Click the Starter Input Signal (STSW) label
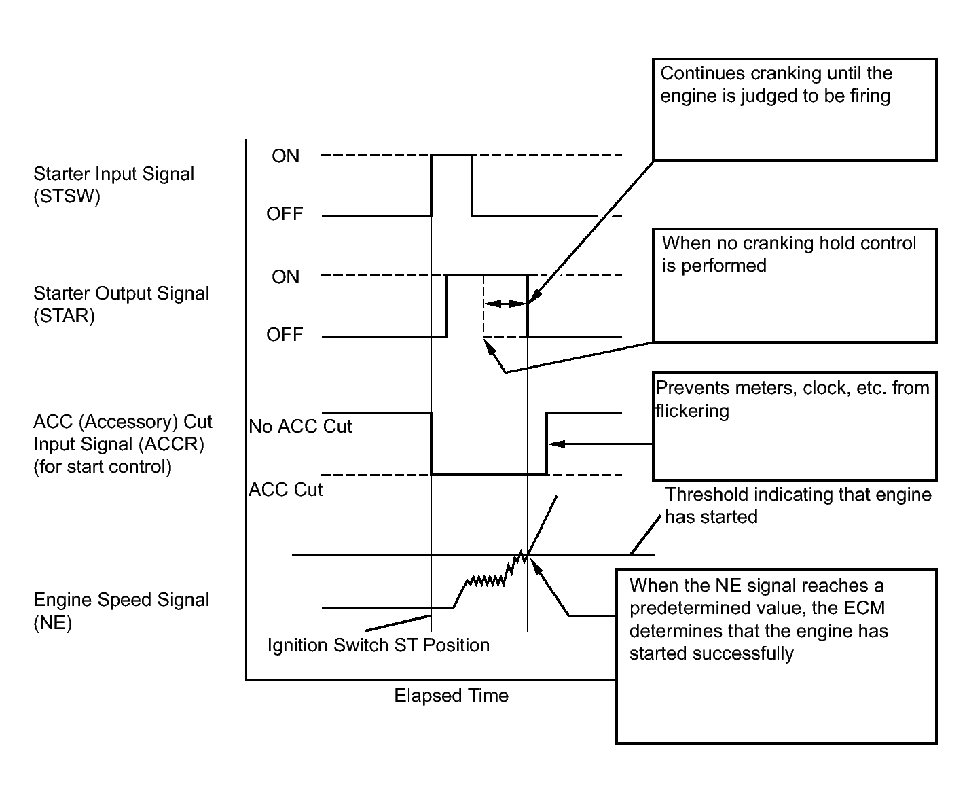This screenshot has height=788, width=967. coord(113,185)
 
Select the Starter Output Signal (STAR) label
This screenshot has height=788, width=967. coord(122,304)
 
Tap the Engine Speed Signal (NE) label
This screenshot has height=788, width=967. coord(122,611)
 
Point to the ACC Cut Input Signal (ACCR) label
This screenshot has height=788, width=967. coord(123,444)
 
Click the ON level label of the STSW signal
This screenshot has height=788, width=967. coord(285,156)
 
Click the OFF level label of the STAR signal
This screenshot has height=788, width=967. coord(285,335)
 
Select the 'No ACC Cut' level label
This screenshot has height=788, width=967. coord(300,426)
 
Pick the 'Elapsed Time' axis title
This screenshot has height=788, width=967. coord(452,696)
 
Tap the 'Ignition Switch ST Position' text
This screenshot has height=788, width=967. coord(378,645)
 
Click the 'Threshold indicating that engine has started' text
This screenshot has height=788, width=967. coord(798,505)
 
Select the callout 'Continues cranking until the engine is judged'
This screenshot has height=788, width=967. coord(776,84)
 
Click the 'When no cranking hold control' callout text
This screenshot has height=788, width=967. coord(788,254)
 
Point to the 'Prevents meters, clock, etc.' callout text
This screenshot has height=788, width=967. coord(792,399)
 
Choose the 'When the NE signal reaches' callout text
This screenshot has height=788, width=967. coord(758,619)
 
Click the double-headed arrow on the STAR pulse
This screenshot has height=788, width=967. coord(505,304)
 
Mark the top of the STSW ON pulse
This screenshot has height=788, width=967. coord(452,155)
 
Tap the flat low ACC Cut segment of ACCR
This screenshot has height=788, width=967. coord(489,475)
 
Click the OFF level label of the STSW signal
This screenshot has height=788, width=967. coord(285,213)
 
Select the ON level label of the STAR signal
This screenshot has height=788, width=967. coord(285,276)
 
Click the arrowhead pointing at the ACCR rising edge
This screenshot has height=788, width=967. coord(557,444)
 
